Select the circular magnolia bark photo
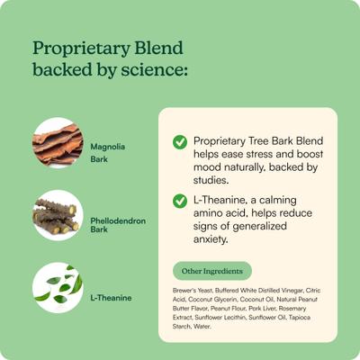tap(58, 142)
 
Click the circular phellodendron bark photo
tap(58, 215)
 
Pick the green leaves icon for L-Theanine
tap(58, 288)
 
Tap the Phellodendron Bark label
tap(118, 224)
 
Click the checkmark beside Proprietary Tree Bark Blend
tap(180, 142)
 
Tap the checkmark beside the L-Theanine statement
tap(180, 201)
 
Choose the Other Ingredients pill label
tap(211, 270)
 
